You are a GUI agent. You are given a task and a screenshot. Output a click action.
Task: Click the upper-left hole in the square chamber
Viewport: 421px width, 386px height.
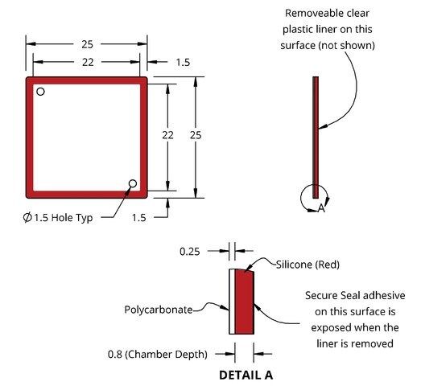(x=40, y=92)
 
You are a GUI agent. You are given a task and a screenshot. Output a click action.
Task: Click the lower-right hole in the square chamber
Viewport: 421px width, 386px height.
(x=133, y=183)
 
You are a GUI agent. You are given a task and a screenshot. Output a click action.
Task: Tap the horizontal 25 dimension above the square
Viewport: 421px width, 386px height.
(x=87, y=44)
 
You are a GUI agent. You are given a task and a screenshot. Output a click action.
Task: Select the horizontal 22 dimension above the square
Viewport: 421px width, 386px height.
(x=88, y=62)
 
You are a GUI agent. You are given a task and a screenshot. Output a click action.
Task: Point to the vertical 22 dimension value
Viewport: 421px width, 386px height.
(x=167, y=135)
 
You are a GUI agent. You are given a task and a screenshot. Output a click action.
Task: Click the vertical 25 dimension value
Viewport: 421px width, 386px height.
(x=196, y=135)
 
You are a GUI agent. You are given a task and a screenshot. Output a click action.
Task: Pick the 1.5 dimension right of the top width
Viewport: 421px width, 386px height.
(x=183, y=63)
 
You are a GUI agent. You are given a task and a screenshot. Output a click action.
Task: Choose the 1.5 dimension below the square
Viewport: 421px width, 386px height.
(x=138, y=218)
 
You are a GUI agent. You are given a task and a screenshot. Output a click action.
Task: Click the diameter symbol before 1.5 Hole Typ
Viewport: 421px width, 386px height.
(x=27, y=217)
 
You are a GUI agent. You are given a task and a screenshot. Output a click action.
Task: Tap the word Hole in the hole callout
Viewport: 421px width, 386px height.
(x=60, y=217)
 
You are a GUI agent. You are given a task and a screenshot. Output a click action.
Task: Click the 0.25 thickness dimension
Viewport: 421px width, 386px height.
(x=189, y=252)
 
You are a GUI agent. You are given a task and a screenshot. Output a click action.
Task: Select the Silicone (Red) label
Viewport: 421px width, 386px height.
(x=307, y=265)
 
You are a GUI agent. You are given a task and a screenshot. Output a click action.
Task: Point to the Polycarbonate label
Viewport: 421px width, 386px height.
(x=158, y=310)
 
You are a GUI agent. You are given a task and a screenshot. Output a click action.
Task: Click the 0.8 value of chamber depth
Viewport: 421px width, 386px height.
(x=115, y=355)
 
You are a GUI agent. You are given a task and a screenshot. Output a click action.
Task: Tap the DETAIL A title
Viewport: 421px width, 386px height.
(x=246, y=375)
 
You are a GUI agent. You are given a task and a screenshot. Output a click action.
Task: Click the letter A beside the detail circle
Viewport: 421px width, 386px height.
(x=321, y=208)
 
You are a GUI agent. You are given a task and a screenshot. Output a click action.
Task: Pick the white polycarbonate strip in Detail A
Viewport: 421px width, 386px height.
(x=232, y=302)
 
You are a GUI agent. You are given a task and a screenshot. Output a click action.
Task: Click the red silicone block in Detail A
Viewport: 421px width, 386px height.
(x=245, y=302)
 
